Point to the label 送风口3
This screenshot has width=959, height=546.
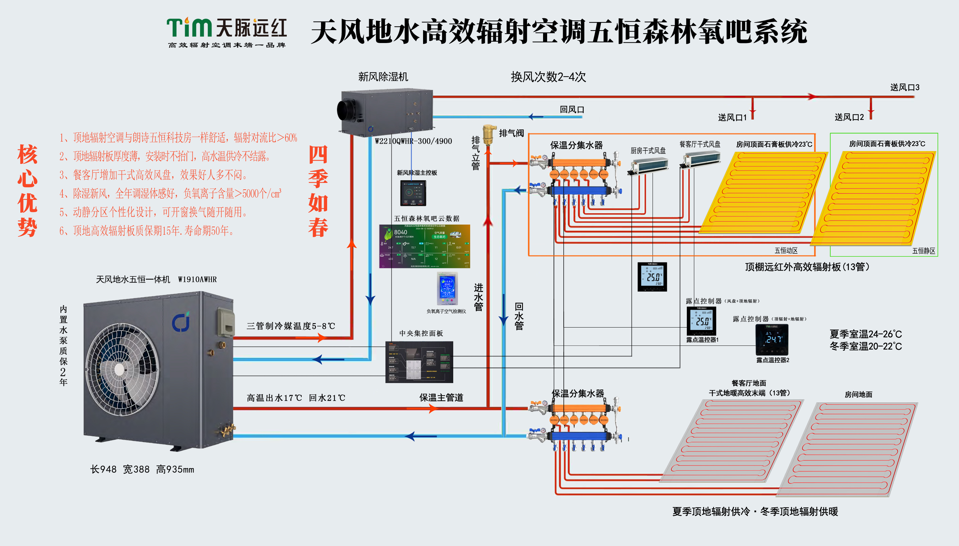905,88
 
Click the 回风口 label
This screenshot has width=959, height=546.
572,109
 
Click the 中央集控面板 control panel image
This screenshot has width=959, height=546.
419,362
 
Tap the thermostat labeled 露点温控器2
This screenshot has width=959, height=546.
772,339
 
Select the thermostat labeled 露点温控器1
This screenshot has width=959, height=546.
701,321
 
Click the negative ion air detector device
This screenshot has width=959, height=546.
447,289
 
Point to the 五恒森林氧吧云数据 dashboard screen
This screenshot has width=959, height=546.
424,246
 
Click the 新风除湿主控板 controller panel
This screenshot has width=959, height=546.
413,193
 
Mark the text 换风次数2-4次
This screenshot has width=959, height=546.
548,77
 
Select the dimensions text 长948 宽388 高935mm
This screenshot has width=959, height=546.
142,469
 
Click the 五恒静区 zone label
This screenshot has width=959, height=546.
923,251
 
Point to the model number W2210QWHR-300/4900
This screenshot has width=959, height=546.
414,141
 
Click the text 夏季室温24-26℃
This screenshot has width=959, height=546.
865,334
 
